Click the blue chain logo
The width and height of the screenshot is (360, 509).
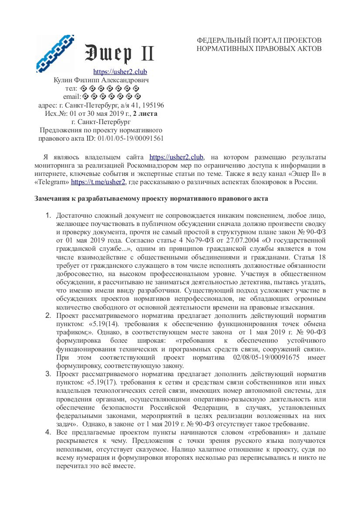pyautogui.click(x=55, y=53)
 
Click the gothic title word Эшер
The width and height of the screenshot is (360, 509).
pyautogui.click(x=108, y=54)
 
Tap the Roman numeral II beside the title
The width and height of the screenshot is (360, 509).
pyautogui.click(x=146, y=54)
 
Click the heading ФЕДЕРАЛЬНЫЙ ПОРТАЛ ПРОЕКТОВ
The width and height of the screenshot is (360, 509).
pyautogui.click(x=259, y=40)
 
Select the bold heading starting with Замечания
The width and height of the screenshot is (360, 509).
pyautogui.click(x=151, y=199)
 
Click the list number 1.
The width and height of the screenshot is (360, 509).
pyautogui.click(x=48, y=216)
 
